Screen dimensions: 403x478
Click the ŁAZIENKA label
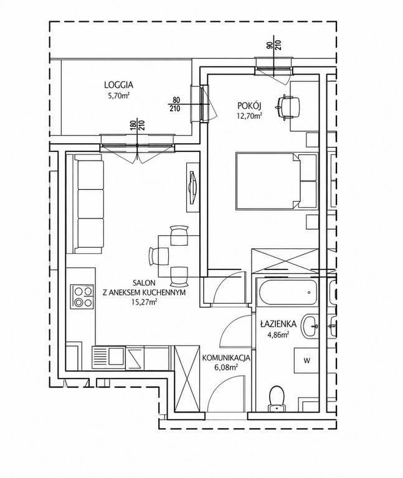point(274,324)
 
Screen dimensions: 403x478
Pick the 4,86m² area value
point(278,335)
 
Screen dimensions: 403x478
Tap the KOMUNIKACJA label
point(226,358)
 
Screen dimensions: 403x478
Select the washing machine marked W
point(306,360)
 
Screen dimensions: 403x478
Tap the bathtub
point(288,293)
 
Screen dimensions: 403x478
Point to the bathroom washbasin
point(310,327)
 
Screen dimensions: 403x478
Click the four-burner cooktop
point(82,297)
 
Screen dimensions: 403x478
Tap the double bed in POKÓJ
point(276,182)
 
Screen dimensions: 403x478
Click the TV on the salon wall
point(192,187)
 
